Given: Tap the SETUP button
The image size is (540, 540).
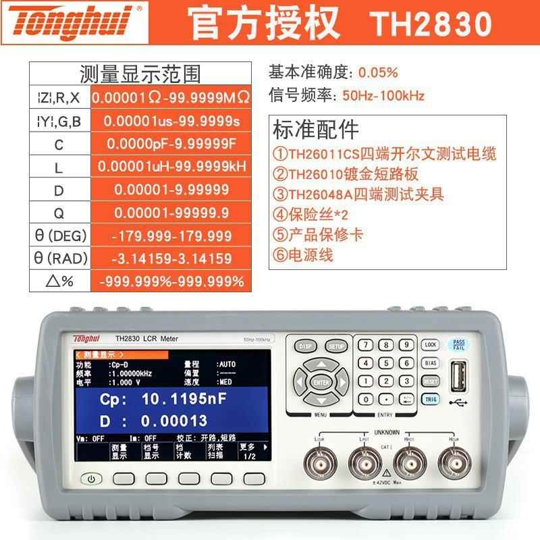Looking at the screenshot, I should click(x=335, y=346).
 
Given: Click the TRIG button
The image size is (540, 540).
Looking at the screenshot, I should click(x=431, y=399).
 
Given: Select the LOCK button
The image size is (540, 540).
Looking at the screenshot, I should click(x=431, y=345).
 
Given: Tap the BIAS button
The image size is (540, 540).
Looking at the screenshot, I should click(x=431, y=363).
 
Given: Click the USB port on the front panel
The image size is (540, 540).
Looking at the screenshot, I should click(x=460, y=375).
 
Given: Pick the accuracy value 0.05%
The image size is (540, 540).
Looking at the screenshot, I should click(x=378, y=72).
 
